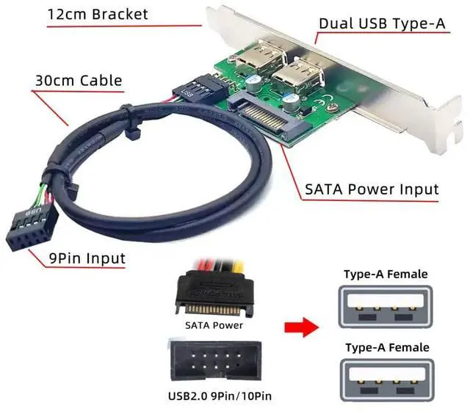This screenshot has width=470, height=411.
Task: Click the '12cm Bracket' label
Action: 98,14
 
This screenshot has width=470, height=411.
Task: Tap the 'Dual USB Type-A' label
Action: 382,23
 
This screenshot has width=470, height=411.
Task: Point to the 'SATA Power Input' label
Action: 372,189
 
